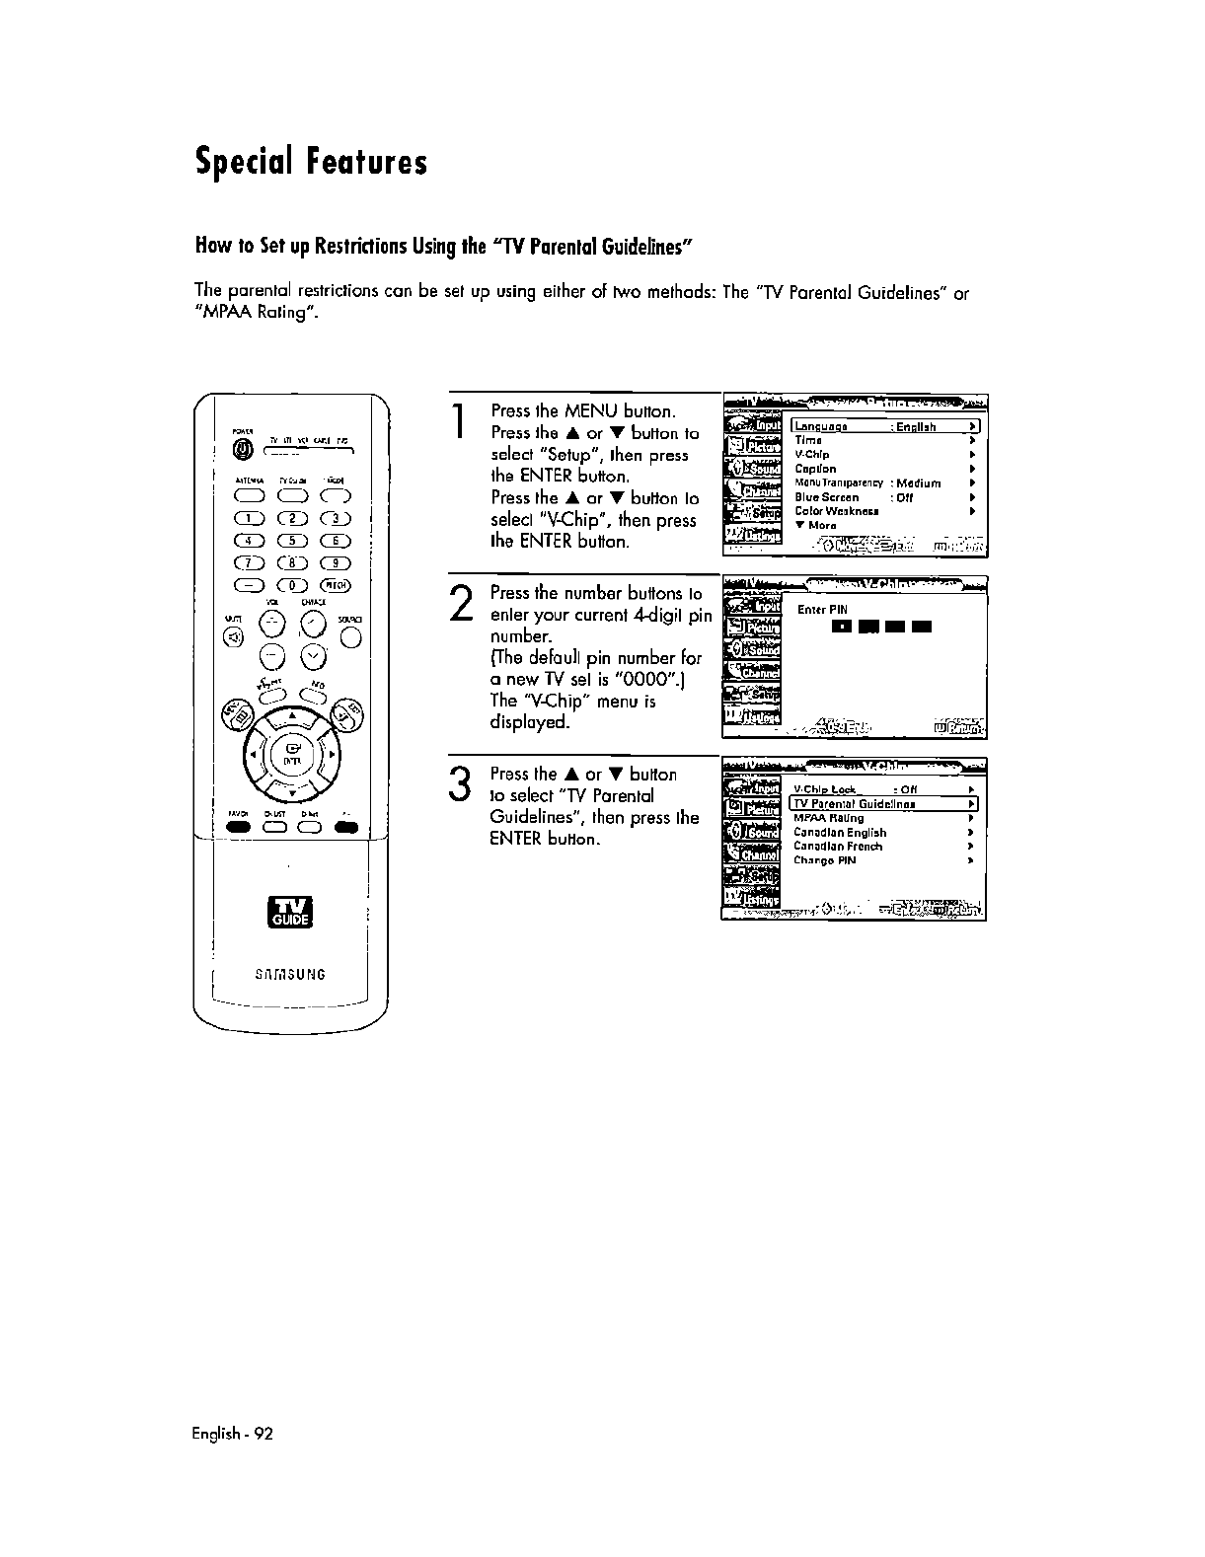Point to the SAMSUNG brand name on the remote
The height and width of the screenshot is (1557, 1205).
tap(292, 975)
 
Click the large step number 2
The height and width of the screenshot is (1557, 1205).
tap(458, 603)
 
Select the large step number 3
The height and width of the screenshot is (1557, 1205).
tap(458, 784)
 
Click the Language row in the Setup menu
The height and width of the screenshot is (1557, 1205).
tap(884, 426)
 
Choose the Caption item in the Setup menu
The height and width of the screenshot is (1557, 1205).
tap(816, 469)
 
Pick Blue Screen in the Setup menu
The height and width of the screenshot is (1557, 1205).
tap(827, 497)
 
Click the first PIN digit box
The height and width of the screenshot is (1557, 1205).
tap(840, 627)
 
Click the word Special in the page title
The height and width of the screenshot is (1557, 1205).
tap(243, 162)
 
